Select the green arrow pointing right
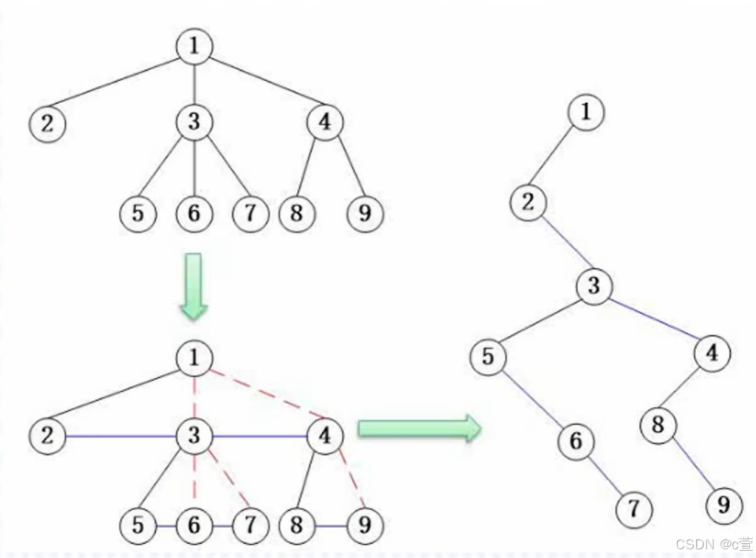pos(419,428)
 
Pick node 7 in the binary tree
pos(634,509)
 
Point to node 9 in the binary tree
pos(724,504)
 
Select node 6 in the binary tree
pos(576,442)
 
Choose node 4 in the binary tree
pos(712,353)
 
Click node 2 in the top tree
pos(48,124)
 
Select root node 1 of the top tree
pos(194,46)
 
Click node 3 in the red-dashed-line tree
pos(194,435)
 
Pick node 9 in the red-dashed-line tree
pos(364,525)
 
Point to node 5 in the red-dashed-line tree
pos(138,525)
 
